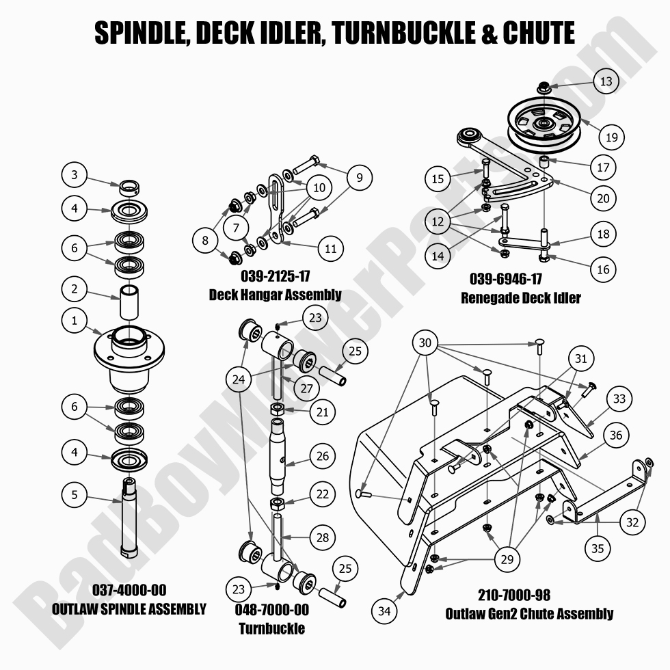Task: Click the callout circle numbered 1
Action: click(75, 320)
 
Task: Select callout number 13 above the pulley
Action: click(606, 81)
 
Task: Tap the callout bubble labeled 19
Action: click(611, 137)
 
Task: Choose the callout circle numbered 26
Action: click(323, 455)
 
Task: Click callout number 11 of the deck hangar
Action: click(330, 249)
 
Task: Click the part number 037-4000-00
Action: click(129, 590)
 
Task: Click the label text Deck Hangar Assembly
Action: click(275, 295)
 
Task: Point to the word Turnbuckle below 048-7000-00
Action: click(272, 628)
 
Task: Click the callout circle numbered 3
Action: click(75, 174)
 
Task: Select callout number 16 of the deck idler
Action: click(603, 269)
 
